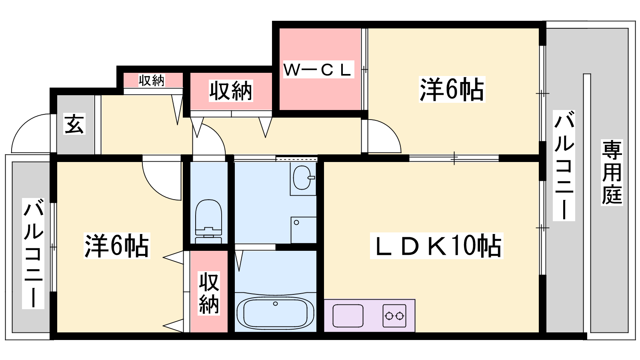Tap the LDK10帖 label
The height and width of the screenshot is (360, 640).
pyautogui.click(x=436, y=246)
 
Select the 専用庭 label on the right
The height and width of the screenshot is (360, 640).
pyautogui.click(x=612, y=172)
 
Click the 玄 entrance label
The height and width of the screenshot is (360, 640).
pyautogui.click(x=74, y=124)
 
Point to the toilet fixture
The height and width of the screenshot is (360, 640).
pyautogui.click(x=208, y=222)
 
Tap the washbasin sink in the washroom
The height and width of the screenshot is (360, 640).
pyautogui.click(x=303, y=178)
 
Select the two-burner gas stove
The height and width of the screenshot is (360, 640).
pyautogui.click(x=394, y=316)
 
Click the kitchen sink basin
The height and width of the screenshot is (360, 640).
pyautogui.click(x=348, y=316)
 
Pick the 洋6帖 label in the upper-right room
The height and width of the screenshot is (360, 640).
pyautogui.click(x=452, y=89)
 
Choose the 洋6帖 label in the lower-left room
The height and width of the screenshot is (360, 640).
pyautogui.click(x=116, y=246)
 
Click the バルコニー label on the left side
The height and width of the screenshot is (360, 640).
pyautogui.click(x=33, y=254)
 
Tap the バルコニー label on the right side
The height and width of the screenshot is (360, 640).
pyautogui.click(x=564, y=166)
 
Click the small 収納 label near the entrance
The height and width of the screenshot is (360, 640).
pyautogui.click(x=152, y=80)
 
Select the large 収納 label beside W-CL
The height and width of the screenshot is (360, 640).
pyautogui.click(x=231, y=91)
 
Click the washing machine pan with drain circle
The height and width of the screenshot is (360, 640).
pyautogui.click(x=304, y=230)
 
